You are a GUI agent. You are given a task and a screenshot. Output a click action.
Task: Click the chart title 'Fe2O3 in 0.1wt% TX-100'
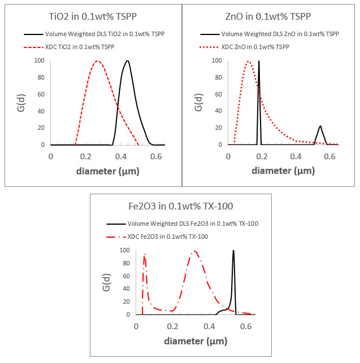181,205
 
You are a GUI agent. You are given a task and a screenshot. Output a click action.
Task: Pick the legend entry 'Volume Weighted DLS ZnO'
267,33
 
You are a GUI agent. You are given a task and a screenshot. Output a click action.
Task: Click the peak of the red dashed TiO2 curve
98,61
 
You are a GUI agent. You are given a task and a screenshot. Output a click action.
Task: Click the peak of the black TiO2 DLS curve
128,61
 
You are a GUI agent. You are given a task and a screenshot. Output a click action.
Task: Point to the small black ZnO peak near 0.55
320,126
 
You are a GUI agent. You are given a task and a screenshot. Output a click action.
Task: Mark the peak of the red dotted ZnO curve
248,61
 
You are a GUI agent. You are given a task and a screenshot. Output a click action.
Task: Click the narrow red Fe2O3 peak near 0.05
145,255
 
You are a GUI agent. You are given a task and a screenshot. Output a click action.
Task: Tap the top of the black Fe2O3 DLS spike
233,251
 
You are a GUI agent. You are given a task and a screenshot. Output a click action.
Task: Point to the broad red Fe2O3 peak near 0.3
194,251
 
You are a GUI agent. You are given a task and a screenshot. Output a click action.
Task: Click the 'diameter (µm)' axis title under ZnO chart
283,170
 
